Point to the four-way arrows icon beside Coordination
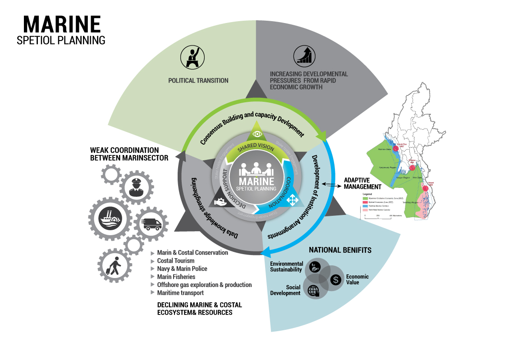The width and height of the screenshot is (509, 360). [291, 199]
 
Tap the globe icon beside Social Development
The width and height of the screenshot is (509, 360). [313, 290]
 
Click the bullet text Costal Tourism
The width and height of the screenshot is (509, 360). [176, 261]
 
